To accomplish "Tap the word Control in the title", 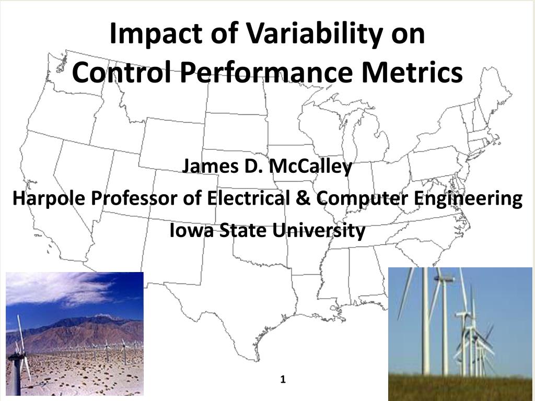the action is pyautogui.click(x=122, y=73).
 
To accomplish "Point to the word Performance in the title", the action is pyautogui.click(x=266, y=73).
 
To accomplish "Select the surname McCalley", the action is pyautogui.click(x=310, y=167).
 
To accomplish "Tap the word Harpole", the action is pyautogui.click(x=49, y=198).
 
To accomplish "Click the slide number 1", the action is pyautogui.click(x=283, y=379).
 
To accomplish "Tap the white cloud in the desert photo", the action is pyautogui.click(x=58, y=288).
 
